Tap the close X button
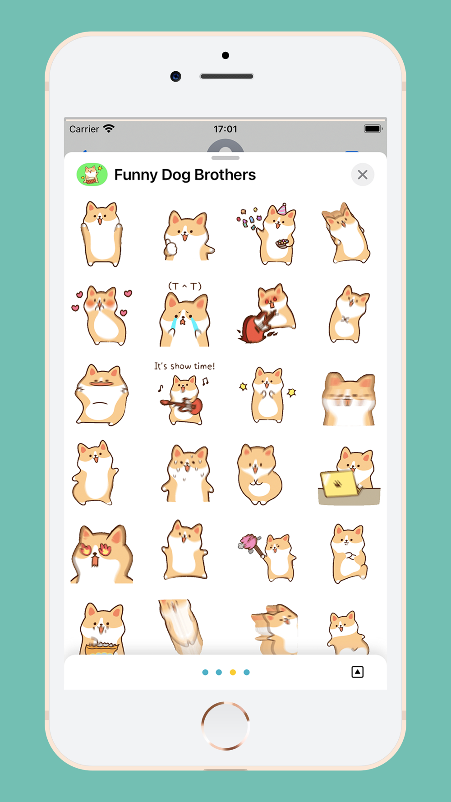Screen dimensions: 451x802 pyautogui.click(x=363, y=175)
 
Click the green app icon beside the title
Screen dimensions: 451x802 pyautogui.click(x=92, y=175)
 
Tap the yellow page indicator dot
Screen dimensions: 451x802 pyautogui.click(x=233, y=672)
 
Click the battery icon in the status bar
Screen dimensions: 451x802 pyautogui.click(x=373, y=129)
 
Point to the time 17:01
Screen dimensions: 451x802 pyautogui.click(x=225, y=129)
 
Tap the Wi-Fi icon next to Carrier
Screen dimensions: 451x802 pyautogui.click(x=109, y=129)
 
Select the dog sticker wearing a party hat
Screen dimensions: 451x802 pyautogui.click(x=267, y=234)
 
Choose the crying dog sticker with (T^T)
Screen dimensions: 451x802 pyautogui.click(x=185, y=314)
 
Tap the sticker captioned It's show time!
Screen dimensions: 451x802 pyautogui.click(x=184, y=393)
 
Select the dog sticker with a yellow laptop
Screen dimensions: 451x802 pyautogui.click(x=349, y=476)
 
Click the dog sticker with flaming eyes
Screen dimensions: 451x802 pyautogui.click(x=102, y=553)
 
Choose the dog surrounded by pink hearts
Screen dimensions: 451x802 pyautogui.click(x=102, y=315)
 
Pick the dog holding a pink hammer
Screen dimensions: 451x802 pyautogui.click(x=267, y=557)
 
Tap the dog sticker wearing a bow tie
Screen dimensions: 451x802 pyautogui.click(x=349, y=314)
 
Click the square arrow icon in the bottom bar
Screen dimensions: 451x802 pyautogui.click(x=358, y=672)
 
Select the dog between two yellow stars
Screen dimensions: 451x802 pyautogui.click(x=267, y=395)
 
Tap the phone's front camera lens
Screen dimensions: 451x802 pyautogui.click(x=176, y=76)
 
